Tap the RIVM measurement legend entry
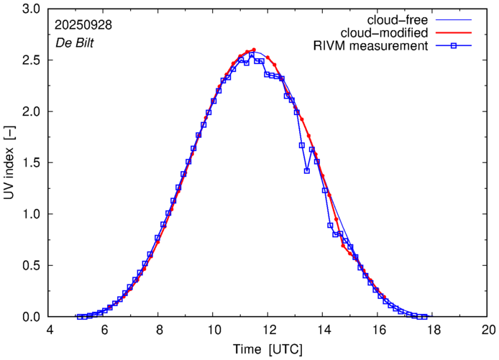click(x=371, y=46)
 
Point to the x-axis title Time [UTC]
click(x=267, y=350)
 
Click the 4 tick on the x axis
click(x=49, y=330)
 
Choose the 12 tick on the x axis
click(x=268, y=330)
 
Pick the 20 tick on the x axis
click(x=487, y=330)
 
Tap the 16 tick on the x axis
click(x=378, y=330)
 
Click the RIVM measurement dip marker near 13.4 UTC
click(x=307, y=171)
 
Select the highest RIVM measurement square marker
click(x=252, y=55)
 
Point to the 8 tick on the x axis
click(x=159, y=330)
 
